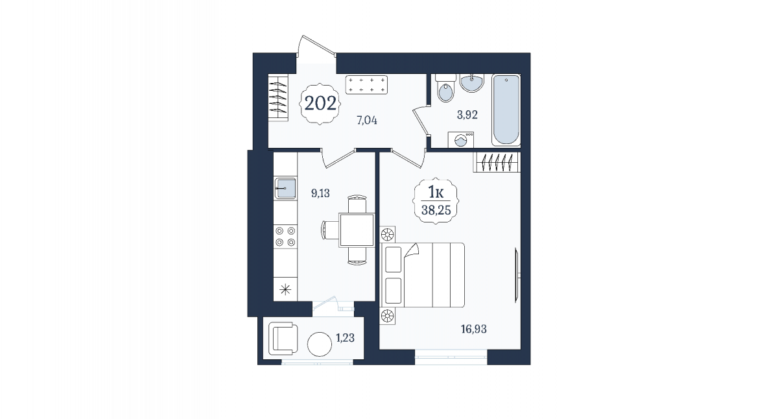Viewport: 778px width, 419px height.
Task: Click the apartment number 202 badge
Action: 320,104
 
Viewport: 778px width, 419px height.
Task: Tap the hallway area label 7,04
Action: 367,121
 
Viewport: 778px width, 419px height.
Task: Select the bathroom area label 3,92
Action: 467,115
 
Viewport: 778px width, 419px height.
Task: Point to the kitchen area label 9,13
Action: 320,193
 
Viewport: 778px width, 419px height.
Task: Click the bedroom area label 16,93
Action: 474,329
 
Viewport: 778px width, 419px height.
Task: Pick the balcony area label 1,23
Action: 345,338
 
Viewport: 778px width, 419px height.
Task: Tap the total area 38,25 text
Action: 436,210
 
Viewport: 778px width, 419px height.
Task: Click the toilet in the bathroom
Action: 445,88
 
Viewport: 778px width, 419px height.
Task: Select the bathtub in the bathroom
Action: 506,110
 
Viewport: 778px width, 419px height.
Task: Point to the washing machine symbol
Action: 461,139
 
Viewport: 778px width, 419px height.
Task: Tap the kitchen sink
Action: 285,188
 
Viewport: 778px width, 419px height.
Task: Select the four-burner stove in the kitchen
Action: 285,236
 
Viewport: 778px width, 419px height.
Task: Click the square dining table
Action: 357,230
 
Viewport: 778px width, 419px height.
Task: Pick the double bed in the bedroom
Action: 423,275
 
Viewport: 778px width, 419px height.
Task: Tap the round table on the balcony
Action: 320,344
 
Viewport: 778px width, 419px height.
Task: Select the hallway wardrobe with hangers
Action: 278,97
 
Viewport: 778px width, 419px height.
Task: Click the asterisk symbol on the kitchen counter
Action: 285,289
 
